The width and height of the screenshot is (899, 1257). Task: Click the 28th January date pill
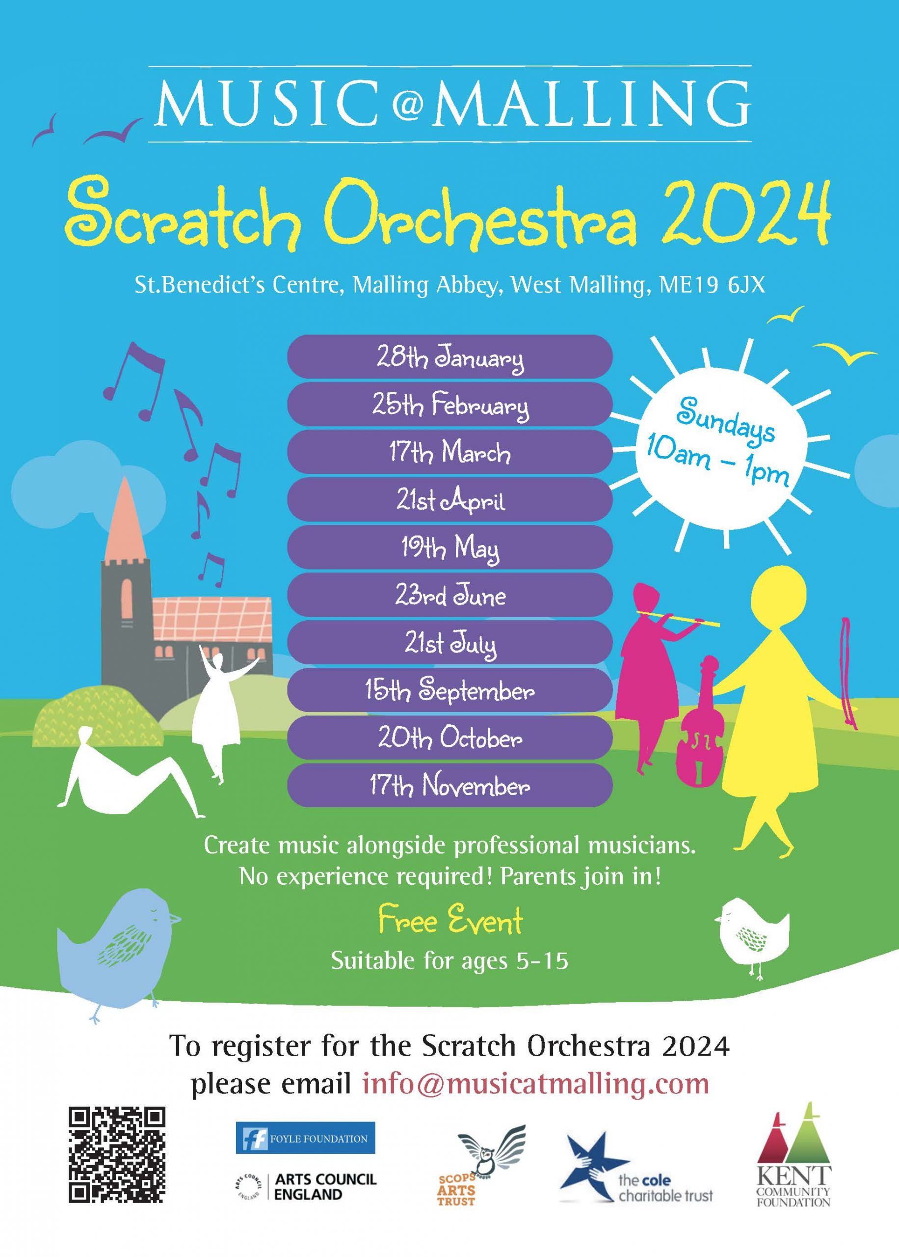pos(449,356)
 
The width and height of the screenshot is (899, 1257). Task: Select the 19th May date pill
pos(449,547)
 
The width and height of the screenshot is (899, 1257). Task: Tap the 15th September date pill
pos(449,690)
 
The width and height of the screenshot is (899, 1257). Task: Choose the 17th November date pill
pos(449,785)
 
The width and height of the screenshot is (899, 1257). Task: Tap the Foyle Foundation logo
pos(305,1139)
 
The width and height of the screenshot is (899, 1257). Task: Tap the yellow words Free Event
pos(450,921)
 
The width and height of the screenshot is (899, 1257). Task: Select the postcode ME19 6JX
pos(713,285)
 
